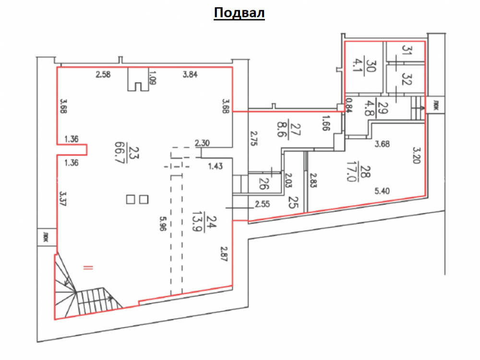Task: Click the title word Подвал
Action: click(239, 13)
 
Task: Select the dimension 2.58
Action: click(103, 74)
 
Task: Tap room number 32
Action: click(406, 78)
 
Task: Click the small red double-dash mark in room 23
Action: click(88, 268)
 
